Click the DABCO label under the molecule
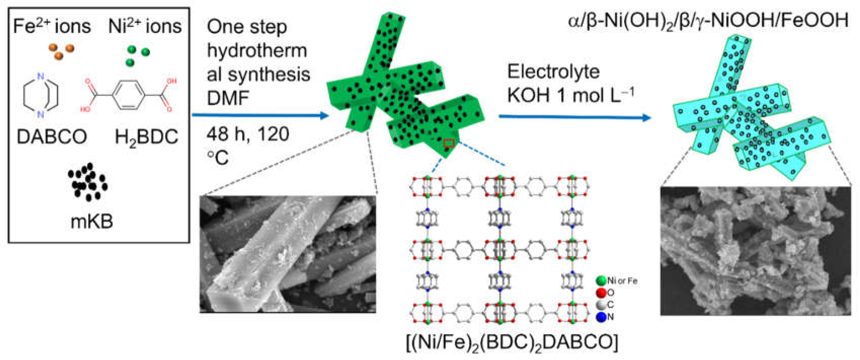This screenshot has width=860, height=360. point(52,137)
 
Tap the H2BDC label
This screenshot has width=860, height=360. point(146,137)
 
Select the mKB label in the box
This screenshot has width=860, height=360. point(92,221)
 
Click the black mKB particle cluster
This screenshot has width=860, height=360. point(88,182)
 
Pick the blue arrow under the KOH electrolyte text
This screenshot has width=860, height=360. point(574,117)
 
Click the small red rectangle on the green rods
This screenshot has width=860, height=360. point(449,143)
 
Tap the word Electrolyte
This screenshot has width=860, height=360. point(553,72)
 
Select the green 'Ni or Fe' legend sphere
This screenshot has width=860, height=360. point(601,281)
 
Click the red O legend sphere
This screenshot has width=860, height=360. point(601,293)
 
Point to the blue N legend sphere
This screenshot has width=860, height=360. point(601,317)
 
